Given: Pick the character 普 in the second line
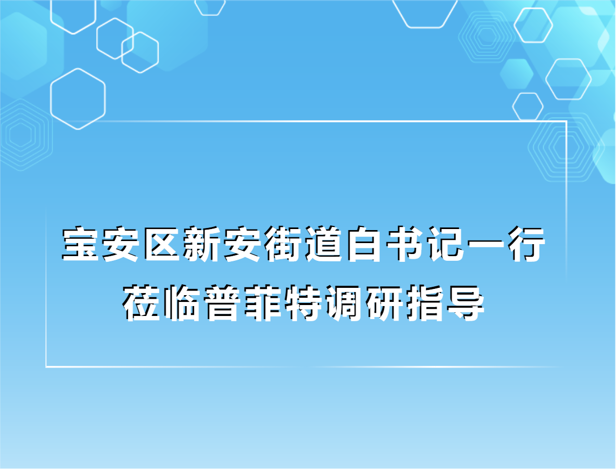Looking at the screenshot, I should [x=225, y=302].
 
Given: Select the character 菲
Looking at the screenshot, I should [x=265, y=302].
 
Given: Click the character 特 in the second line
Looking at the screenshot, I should [x=306, y=302].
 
